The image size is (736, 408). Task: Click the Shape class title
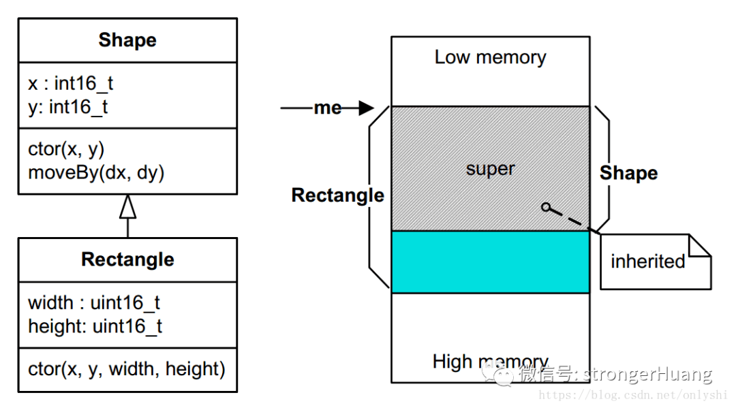click(127, 40)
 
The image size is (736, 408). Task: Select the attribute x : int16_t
click(70, 83)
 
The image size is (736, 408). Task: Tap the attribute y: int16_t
click(67, 107)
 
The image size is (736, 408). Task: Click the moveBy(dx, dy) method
click(96, 172)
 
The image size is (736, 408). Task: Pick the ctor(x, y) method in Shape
click(66, 149)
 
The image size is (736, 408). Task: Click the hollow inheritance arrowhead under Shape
click(127, 206)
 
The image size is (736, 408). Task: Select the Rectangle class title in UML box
click(127, 260)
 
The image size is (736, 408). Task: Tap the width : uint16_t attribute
click(94, 302)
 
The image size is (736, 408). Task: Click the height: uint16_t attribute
click(95, 326)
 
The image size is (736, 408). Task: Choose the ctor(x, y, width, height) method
click(127, 369)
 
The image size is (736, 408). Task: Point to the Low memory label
click(490, 57)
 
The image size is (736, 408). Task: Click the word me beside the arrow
click(327, 108)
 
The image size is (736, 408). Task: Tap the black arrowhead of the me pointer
click(367, 108)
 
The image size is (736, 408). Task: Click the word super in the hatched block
click(490, 168)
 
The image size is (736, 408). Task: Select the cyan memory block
click(490, 262)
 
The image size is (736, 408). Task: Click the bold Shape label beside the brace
click(628, 173)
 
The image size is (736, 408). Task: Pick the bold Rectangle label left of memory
click(337, 195)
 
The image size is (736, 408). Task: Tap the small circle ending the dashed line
click(545, 206)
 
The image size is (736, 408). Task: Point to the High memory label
click(490, 362)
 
